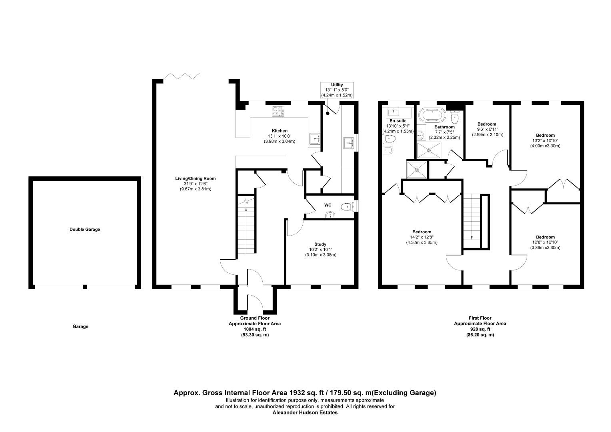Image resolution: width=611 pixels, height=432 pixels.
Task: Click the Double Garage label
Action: point(85,230)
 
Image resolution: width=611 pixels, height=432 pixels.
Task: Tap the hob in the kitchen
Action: point(278,111)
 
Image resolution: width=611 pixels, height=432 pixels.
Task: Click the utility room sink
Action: point(349,143)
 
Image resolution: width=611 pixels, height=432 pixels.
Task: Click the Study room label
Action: point(320,244)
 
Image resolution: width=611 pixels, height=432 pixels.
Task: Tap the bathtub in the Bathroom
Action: point(432,116)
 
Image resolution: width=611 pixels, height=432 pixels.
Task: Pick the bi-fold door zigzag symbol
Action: point(182,76)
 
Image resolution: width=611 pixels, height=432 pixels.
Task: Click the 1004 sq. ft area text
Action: point(254,329)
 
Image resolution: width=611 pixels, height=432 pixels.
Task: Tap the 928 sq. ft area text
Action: point(480,329)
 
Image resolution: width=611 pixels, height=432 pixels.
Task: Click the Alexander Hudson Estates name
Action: point(305,412)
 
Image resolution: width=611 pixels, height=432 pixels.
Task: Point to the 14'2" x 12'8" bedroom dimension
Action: point(421,237)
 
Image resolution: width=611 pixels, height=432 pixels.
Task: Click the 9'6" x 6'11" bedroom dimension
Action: point(487,130)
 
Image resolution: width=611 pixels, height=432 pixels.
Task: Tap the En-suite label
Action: point(397,120)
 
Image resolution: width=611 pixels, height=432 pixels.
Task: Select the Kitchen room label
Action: point(280,131)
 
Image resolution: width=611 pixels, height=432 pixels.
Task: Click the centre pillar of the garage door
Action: point(85,286)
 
